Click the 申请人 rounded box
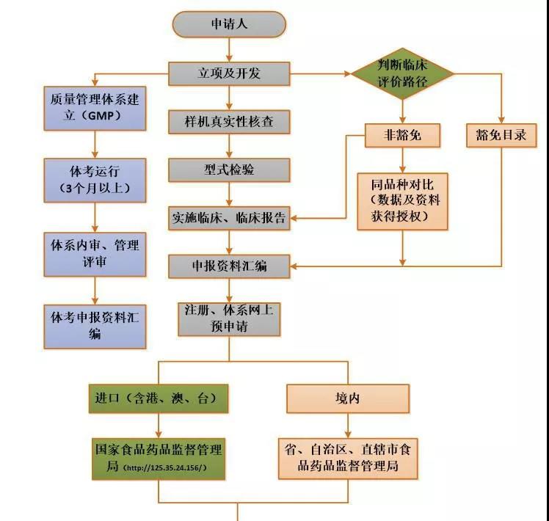[229, 24]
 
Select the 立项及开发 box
[229, 73]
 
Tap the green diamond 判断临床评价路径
[402, 73]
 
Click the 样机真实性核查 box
[229, 122]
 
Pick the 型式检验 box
[229, 170]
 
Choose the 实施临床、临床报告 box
[229, 218]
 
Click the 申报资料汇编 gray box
[229, 266]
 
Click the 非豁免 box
[402, 135]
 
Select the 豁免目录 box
[502, 135]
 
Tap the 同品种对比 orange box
[402, 200]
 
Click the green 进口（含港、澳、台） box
[156, 398]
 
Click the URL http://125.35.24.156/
[164, 467]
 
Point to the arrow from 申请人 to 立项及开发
[229, 50]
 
